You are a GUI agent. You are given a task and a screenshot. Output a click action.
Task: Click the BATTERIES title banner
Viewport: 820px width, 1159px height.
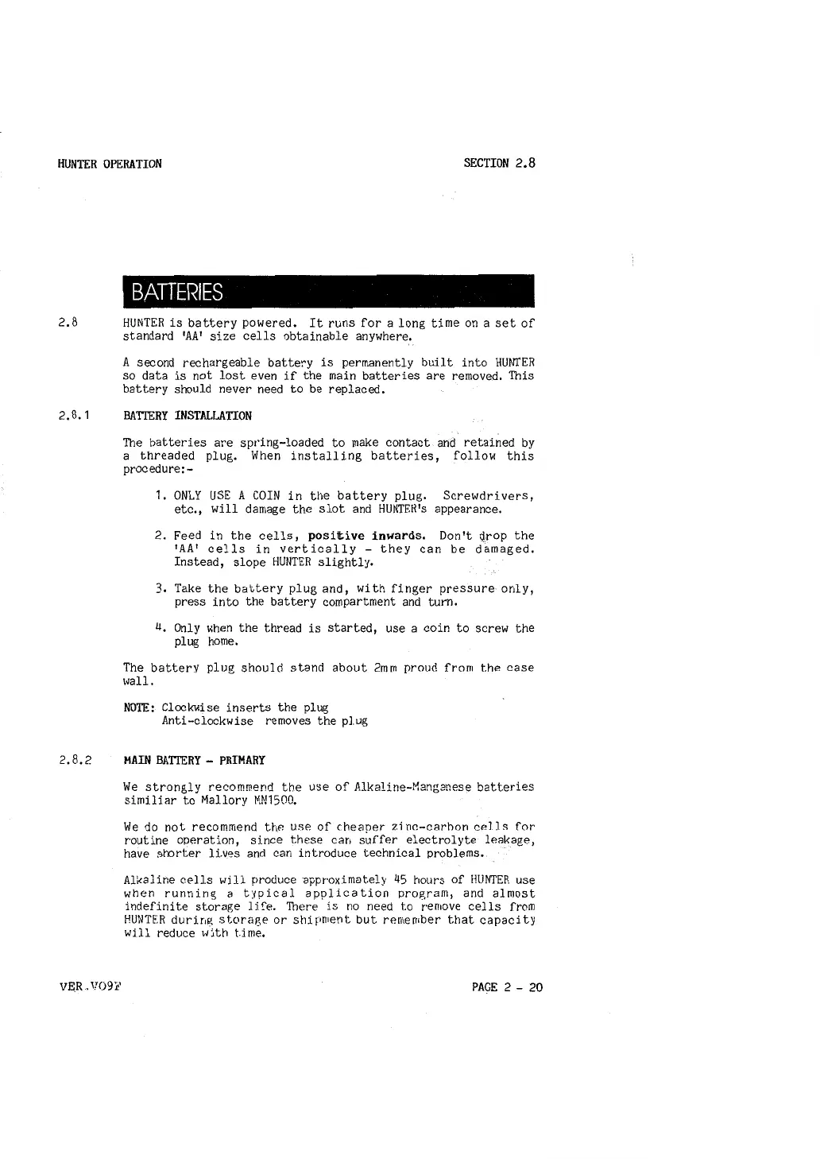328,291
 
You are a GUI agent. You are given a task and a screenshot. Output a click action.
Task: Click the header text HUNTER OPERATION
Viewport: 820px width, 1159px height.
110,164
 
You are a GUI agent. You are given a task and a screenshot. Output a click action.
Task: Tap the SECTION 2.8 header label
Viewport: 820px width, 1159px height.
500,163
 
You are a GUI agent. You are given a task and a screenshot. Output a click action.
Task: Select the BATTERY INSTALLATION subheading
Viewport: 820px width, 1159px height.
188,416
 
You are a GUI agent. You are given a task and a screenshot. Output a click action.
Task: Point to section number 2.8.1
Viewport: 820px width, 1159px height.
75,416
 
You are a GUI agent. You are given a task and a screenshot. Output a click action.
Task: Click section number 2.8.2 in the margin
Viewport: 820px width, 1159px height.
75,760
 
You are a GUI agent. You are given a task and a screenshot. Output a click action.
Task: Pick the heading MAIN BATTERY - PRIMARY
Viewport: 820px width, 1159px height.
195,760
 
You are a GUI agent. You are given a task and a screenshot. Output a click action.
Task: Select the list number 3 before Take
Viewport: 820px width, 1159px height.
160,589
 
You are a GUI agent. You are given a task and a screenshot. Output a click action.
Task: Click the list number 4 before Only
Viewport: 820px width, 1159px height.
160,628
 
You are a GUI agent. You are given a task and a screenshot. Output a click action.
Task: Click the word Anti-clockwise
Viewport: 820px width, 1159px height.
207,721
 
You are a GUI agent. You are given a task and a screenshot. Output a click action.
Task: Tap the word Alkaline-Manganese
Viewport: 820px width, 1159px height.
412,787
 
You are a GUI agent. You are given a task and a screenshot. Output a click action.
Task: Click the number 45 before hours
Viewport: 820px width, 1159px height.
401,880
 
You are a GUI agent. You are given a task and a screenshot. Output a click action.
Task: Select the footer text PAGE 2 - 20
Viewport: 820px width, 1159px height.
507,987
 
